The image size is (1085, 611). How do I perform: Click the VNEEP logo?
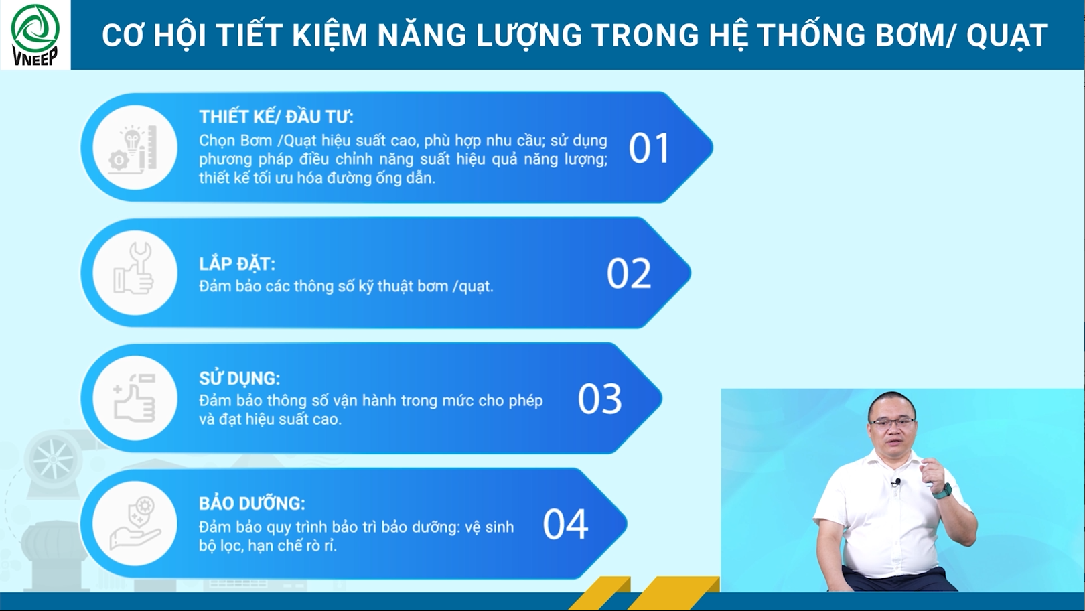click(35, 35)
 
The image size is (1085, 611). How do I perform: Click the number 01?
click(649, 148)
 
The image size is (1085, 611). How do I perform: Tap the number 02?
click(629, 273)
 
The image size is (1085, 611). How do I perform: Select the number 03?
click(599, 399)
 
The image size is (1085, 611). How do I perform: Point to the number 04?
click(565, 525)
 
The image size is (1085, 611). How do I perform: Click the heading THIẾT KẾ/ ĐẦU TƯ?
click(276, 117)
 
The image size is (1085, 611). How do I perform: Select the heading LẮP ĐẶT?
click(237, 264)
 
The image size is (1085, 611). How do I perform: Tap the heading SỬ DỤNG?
click(239, 379)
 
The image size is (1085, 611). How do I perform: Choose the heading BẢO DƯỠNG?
click(252, 504)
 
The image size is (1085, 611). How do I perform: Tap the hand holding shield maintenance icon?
click(135, 523)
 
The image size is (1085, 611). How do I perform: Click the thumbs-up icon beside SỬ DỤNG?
click(135, 398)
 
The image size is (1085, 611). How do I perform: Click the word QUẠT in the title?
click(1007, 36)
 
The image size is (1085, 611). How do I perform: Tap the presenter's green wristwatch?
click(942, 491)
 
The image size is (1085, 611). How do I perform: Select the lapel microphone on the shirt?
click(897, 482)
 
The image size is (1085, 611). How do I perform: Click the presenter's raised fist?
click(932, 470)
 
